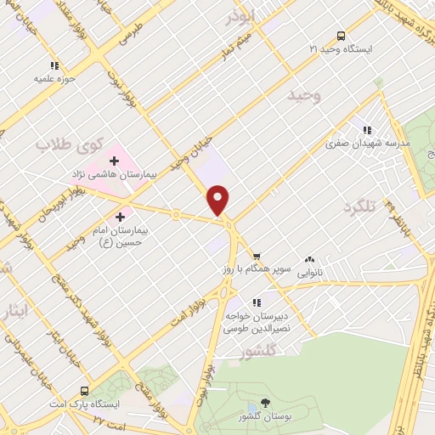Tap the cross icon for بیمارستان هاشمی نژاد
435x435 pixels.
tap(113, 161)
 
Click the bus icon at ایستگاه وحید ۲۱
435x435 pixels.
tap(341, 36)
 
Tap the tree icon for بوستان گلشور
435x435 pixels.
tap(266, 404)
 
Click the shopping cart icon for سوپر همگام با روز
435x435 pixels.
tap(257, 256)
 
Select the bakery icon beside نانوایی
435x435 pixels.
tap(309, 259)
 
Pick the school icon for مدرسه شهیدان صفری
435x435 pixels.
tap(367, 130)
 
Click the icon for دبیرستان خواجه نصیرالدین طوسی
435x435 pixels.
tap(257, 302)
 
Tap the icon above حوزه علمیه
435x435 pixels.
tap(55, 65)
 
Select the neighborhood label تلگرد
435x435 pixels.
tap(359, 207)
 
